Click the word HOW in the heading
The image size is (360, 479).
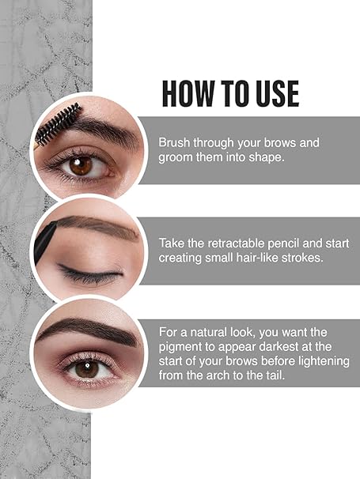click(184, 93)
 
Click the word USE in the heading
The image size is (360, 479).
click(271, 93)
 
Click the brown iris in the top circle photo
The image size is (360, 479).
click(81, 165)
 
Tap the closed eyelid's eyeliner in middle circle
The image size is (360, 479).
click(91, 276)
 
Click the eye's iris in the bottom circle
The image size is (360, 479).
click(86, 368)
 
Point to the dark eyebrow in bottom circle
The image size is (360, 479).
click(87, 327)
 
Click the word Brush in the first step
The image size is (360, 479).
click(174, 143)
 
